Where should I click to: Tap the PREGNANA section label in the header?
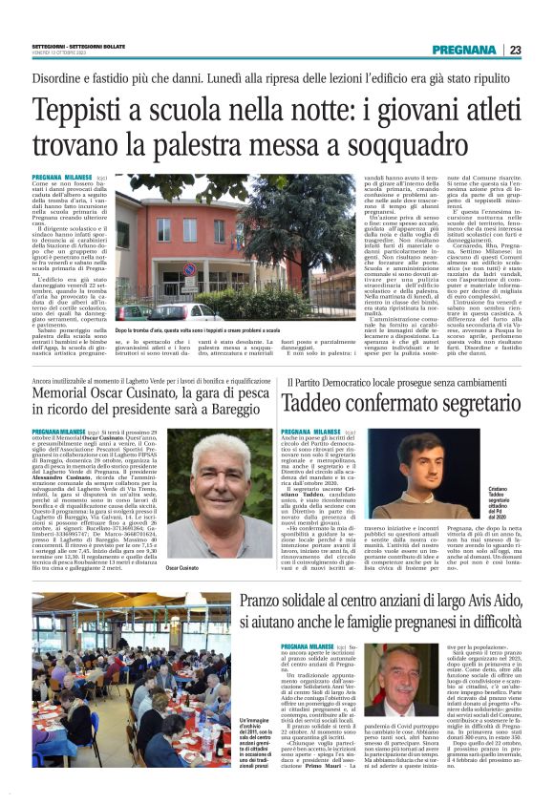pos(463,50)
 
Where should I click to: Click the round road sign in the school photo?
pos(188,269)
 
